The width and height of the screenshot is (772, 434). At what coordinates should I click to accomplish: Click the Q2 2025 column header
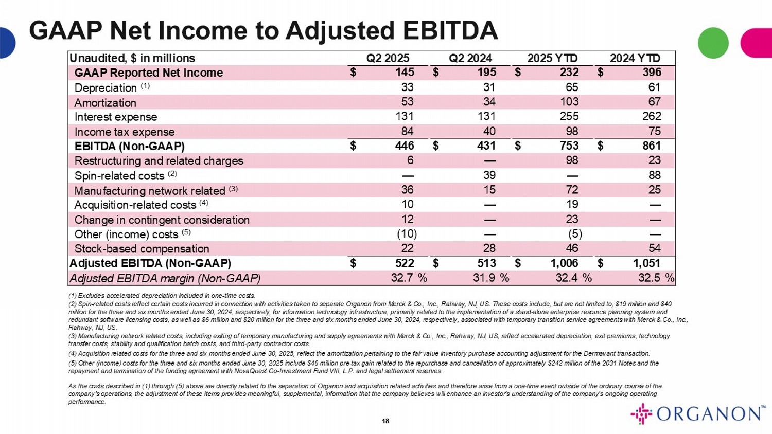388,58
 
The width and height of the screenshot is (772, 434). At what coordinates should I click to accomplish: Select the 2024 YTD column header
635,58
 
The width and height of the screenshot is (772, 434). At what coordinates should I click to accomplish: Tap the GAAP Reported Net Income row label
149,73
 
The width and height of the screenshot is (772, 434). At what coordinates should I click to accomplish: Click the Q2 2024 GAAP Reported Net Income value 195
486,73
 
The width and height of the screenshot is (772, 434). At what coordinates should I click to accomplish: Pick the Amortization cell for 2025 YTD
569,102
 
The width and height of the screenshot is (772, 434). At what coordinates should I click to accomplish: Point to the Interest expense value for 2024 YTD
652,116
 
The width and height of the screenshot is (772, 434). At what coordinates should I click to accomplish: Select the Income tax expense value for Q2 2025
407,131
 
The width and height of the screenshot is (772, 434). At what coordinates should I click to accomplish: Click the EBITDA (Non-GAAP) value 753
569,146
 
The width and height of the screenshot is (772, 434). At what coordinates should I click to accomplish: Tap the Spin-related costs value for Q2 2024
489,175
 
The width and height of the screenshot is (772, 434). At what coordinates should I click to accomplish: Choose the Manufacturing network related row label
150,191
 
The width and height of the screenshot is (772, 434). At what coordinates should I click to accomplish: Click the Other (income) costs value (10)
407,234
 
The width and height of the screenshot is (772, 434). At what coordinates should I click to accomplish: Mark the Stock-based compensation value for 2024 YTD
654,248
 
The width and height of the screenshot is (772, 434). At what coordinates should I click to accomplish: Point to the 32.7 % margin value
409,278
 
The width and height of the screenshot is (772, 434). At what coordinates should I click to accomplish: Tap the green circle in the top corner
713,43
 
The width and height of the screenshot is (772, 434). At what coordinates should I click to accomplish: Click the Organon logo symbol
641,414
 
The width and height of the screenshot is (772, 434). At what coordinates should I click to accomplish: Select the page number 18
385,421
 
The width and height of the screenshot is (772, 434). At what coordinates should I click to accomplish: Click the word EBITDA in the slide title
450,30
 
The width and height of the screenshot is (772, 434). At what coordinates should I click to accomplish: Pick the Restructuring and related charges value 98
572,160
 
